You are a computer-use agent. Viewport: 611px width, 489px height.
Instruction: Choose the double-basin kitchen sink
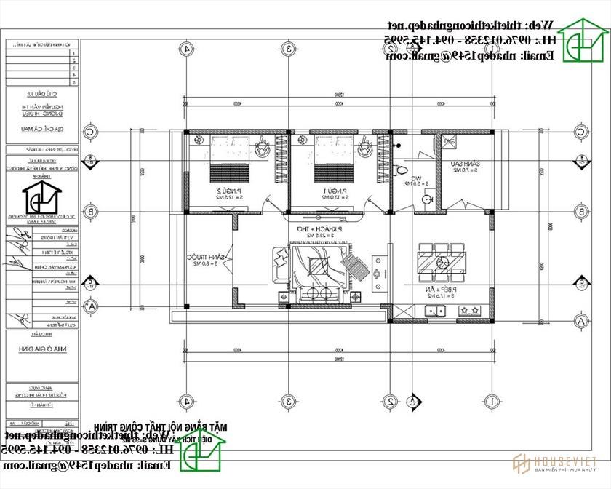[x=436, y=311]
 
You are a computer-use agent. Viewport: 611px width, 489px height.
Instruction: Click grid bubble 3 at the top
[x=289, y=49]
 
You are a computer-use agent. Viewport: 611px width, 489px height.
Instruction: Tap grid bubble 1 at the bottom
[x=492, y=401]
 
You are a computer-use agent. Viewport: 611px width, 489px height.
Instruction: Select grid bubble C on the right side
[x=582, y=132]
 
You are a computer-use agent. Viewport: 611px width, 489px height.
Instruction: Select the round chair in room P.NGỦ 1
[x=364, y=148]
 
